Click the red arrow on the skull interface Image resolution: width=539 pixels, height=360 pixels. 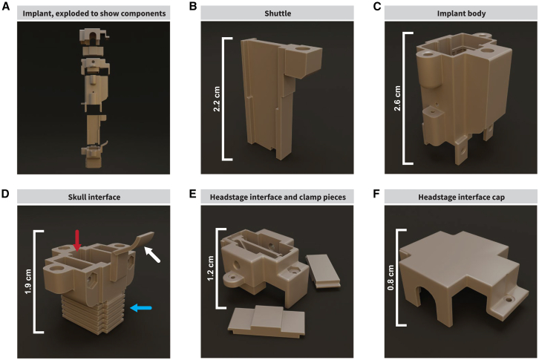point(77,240)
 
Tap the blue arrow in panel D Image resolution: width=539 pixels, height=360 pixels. point(141,308)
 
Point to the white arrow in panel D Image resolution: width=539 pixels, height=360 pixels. point(152,255)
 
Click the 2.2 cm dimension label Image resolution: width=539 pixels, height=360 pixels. point(217,99)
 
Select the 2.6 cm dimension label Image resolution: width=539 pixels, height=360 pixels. point(397,98)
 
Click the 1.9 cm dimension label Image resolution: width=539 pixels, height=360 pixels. point(28,281)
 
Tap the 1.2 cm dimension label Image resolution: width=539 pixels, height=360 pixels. point(210,268)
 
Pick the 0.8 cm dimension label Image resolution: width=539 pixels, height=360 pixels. point(391,278)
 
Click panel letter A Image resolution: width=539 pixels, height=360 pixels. point(6,7)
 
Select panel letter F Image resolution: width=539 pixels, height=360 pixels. point(376,194)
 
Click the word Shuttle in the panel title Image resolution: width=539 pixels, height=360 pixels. point(278,14)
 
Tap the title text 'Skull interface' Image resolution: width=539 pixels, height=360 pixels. point(94,197)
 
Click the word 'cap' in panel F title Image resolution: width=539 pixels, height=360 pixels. point(497,197)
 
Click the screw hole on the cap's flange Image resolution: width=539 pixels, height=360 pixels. point(509,300)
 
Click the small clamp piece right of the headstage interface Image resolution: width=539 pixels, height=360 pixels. point(323,271)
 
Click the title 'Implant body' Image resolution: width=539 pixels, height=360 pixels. point(461,14)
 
